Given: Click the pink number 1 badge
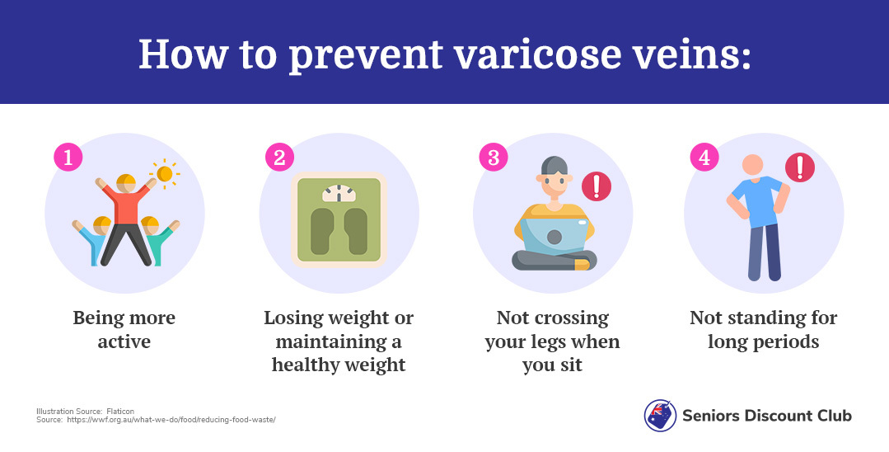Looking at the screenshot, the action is pos(68,157).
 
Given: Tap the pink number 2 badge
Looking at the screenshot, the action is pos(280,157).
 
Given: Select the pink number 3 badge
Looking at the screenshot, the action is pos(494,157).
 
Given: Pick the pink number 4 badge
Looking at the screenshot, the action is pos(704,157).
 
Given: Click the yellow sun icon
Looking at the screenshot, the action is pos(165,174).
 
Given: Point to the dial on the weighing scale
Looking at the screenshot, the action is pos(339,193).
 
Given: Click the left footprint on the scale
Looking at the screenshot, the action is pos(323,231).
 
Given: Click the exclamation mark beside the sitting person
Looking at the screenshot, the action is pos(597,186).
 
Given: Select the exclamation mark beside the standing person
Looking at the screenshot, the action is pos(800,167).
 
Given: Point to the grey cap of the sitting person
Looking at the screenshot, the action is pos(554,166).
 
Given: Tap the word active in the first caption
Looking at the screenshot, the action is pos(124,341).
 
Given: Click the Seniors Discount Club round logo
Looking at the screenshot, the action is pos(661,415).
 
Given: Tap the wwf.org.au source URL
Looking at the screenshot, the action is pos(171,420).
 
